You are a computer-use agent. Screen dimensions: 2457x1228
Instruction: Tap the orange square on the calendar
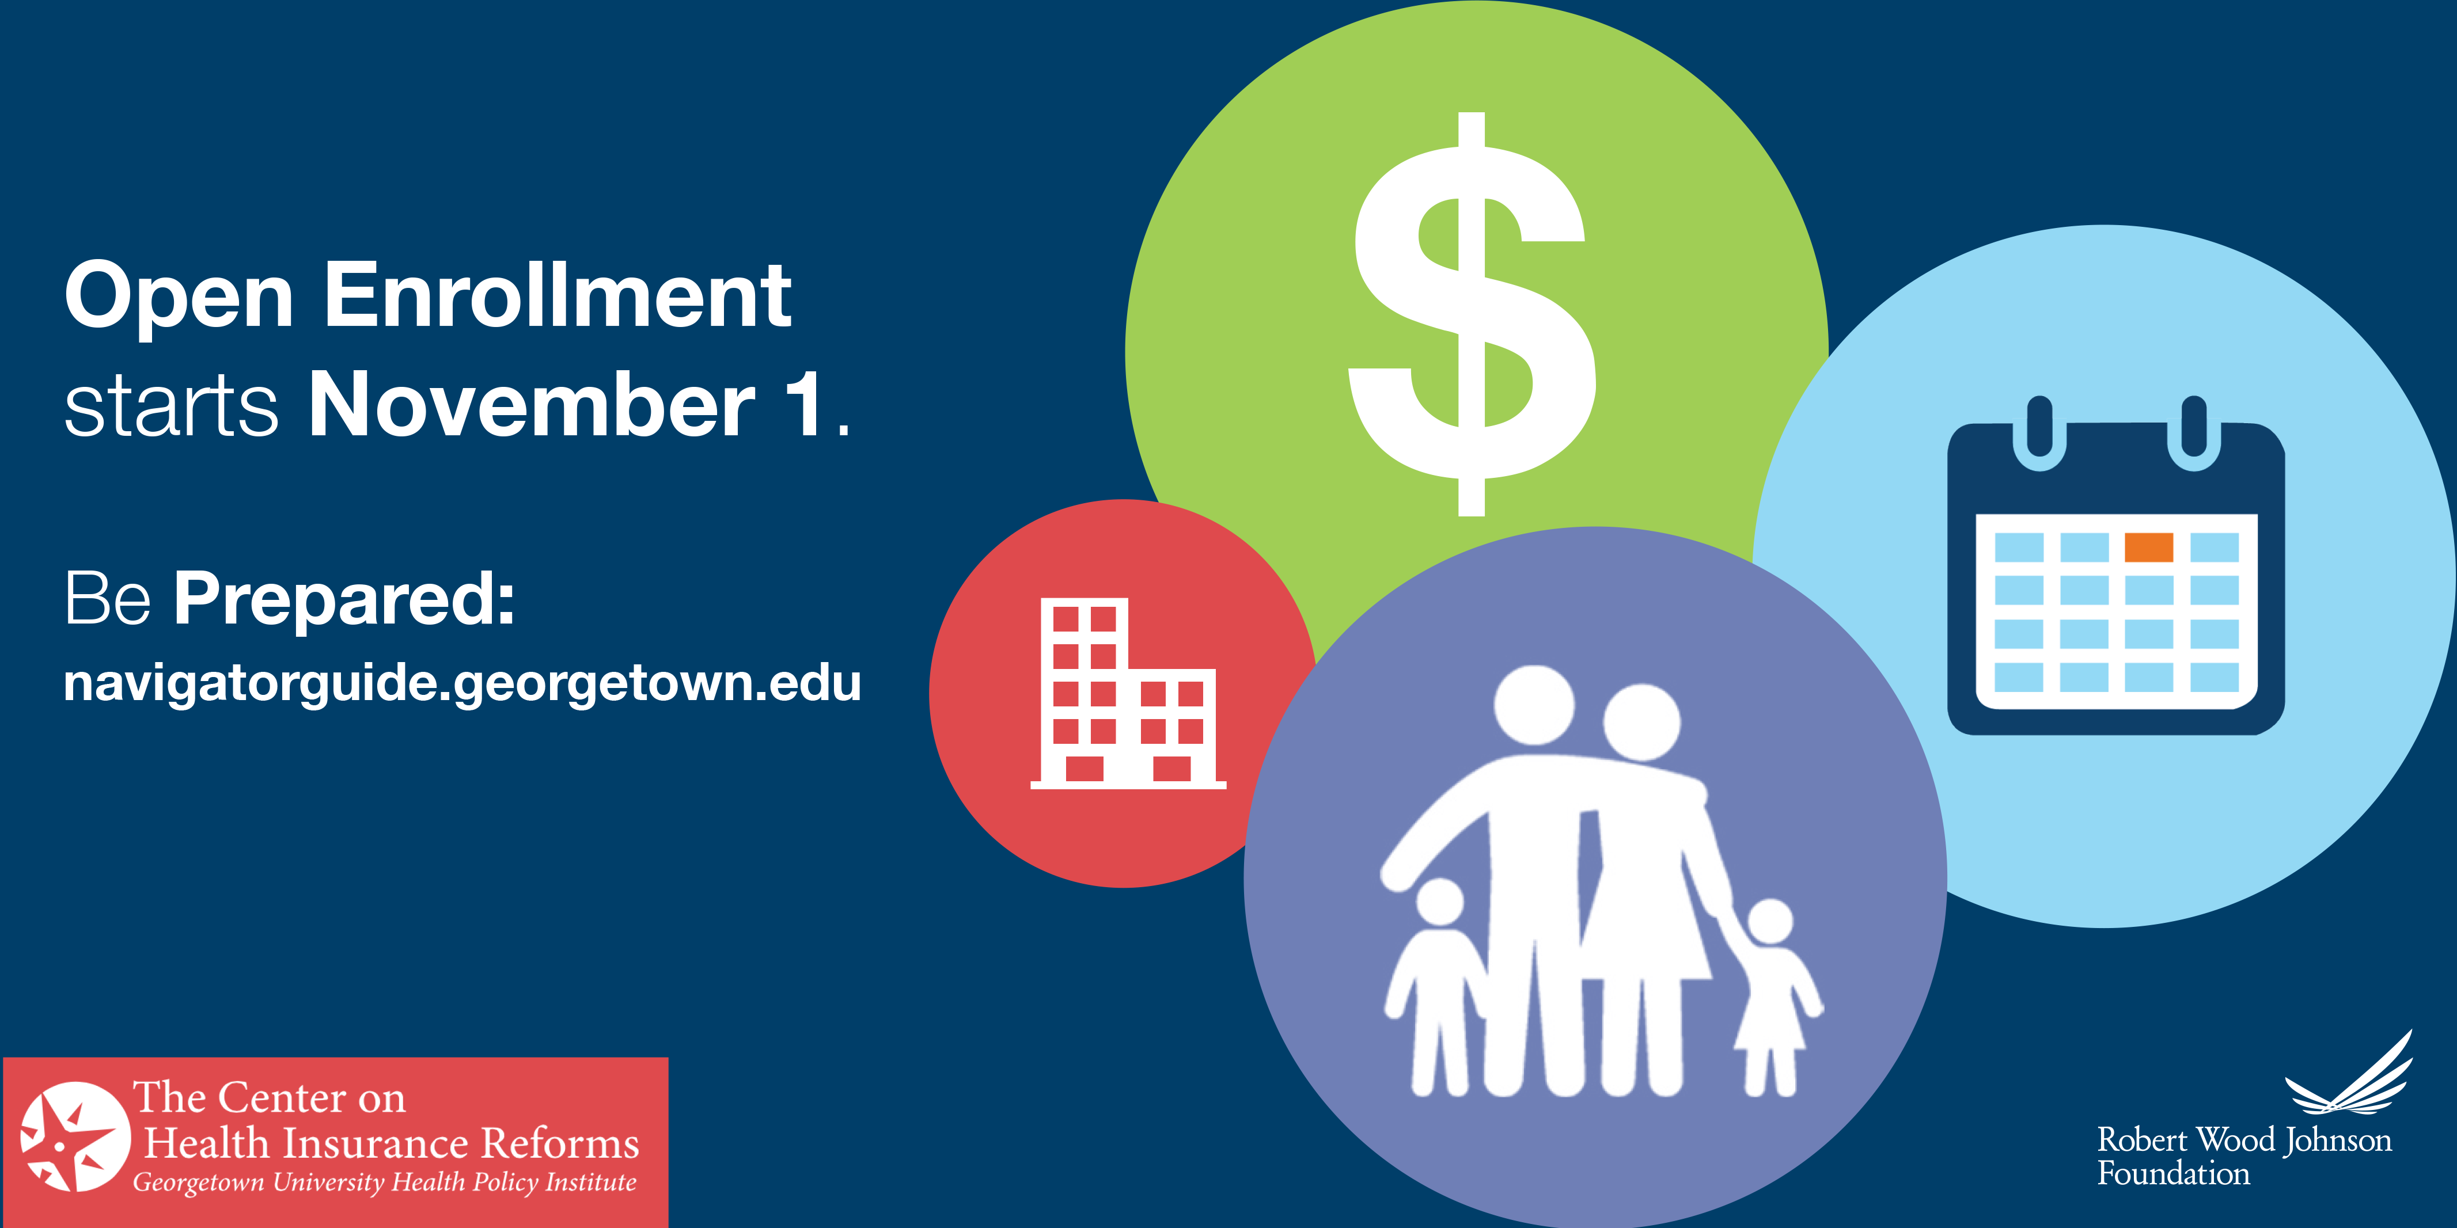2149,548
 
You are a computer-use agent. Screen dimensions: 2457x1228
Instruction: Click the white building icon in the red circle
1127,693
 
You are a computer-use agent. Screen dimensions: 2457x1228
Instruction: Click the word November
531,405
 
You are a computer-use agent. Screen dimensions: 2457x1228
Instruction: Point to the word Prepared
344,600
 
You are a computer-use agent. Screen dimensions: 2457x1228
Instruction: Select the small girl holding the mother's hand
1772,997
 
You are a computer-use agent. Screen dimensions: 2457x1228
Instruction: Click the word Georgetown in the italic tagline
198,1183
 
